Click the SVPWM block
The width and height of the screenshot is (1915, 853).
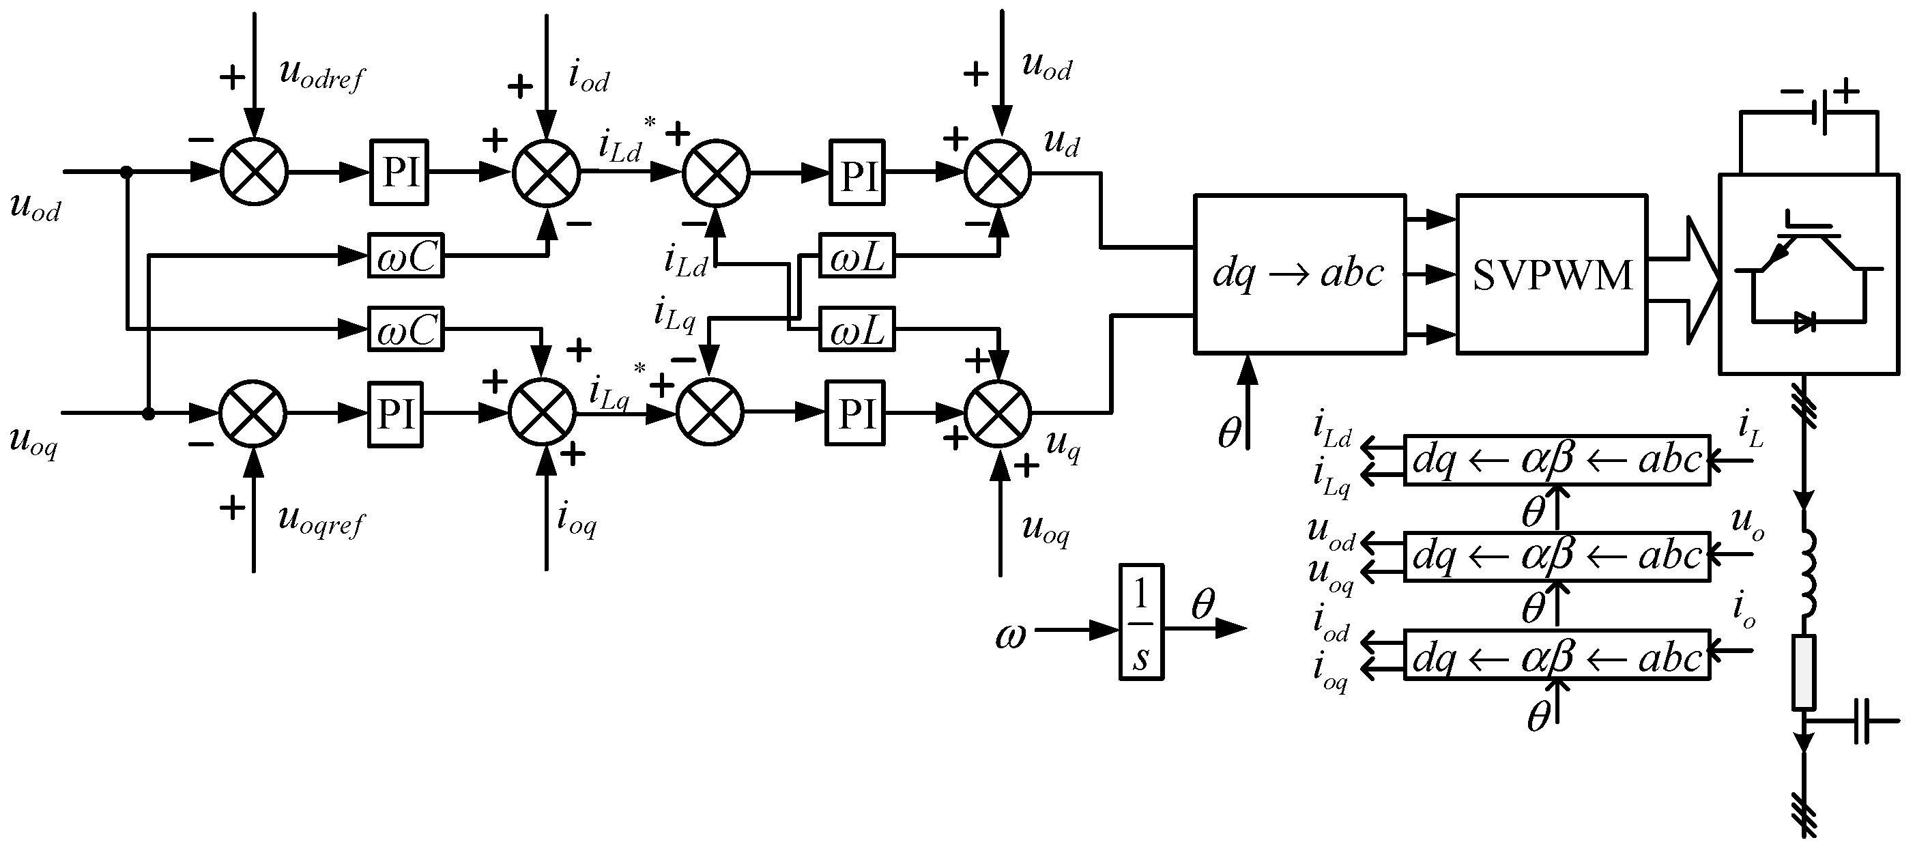[1551, 274]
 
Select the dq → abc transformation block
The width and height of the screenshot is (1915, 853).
[1299, 274]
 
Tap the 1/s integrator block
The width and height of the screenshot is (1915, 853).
[1141, 622]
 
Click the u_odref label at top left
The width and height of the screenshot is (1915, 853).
[321, 74]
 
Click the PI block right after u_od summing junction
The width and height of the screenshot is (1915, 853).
[399, 173]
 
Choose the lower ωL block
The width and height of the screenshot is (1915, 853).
[856, 329]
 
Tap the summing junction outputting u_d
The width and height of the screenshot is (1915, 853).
[998, 173]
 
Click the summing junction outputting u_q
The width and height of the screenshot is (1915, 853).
[998, 413]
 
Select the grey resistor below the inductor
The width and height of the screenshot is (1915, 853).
[1804, 671]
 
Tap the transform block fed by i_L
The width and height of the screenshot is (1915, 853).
[1557, 461]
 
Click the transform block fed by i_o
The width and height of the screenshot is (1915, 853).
[1557, 658]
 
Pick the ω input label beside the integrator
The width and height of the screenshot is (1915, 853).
[1010, 636]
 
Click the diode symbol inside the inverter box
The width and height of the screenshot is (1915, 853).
[1804, 321]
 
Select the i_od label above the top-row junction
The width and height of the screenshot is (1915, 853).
[588, 77]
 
